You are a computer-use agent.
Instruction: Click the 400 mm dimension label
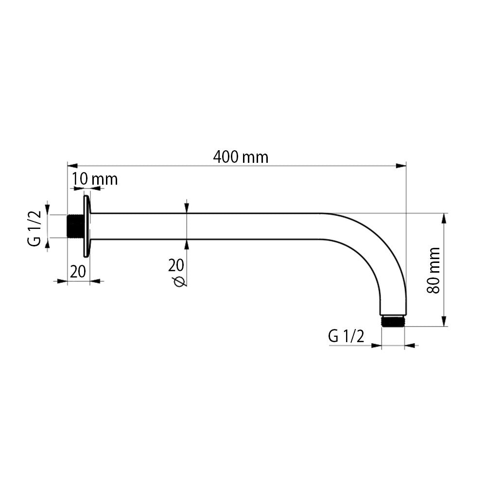tap(241, 157)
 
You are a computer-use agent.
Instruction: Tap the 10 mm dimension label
tap(95, 179)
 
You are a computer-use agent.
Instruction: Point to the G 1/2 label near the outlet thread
tap(346, 336)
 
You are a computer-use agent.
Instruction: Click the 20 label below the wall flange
tap(78, 271)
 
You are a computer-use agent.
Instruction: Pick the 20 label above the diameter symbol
tap(176, 265)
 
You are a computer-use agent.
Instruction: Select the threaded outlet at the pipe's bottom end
tap(393, 321)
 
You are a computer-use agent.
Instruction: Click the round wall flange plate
tap(87, 226)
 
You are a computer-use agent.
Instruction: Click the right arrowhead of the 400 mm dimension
tap(401, 166)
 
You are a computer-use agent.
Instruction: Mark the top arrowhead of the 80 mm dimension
tap(443, 218)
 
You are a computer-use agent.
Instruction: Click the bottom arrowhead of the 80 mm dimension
tap(443, 321)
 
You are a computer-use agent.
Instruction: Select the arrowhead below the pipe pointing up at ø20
tap(187, 244)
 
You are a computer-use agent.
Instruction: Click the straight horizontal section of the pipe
tap(204, 226)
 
